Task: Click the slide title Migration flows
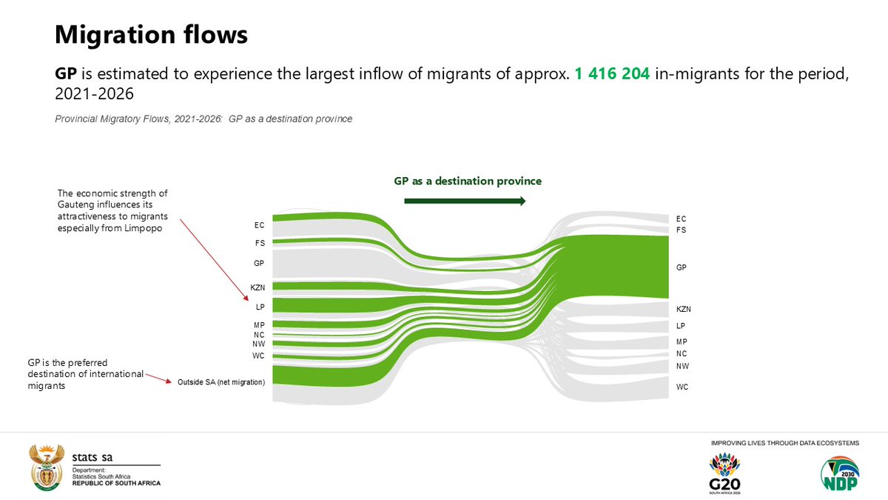[151, 34]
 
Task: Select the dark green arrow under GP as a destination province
[465, 201]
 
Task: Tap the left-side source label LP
[260, 306]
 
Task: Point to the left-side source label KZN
[258, 287]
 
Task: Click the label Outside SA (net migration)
[221, 382]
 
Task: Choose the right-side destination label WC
[682, 387]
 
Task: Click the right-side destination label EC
[681, 219]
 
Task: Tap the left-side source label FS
[260, 242]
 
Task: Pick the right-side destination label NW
[682, 366]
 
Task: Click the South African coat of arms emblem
[46, 468]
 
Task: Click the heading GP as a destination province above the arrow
[468, 181]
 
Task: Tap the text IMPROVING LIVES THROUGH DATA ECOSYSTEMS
[784, 443]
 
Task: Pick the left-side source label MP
[260, 324]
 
